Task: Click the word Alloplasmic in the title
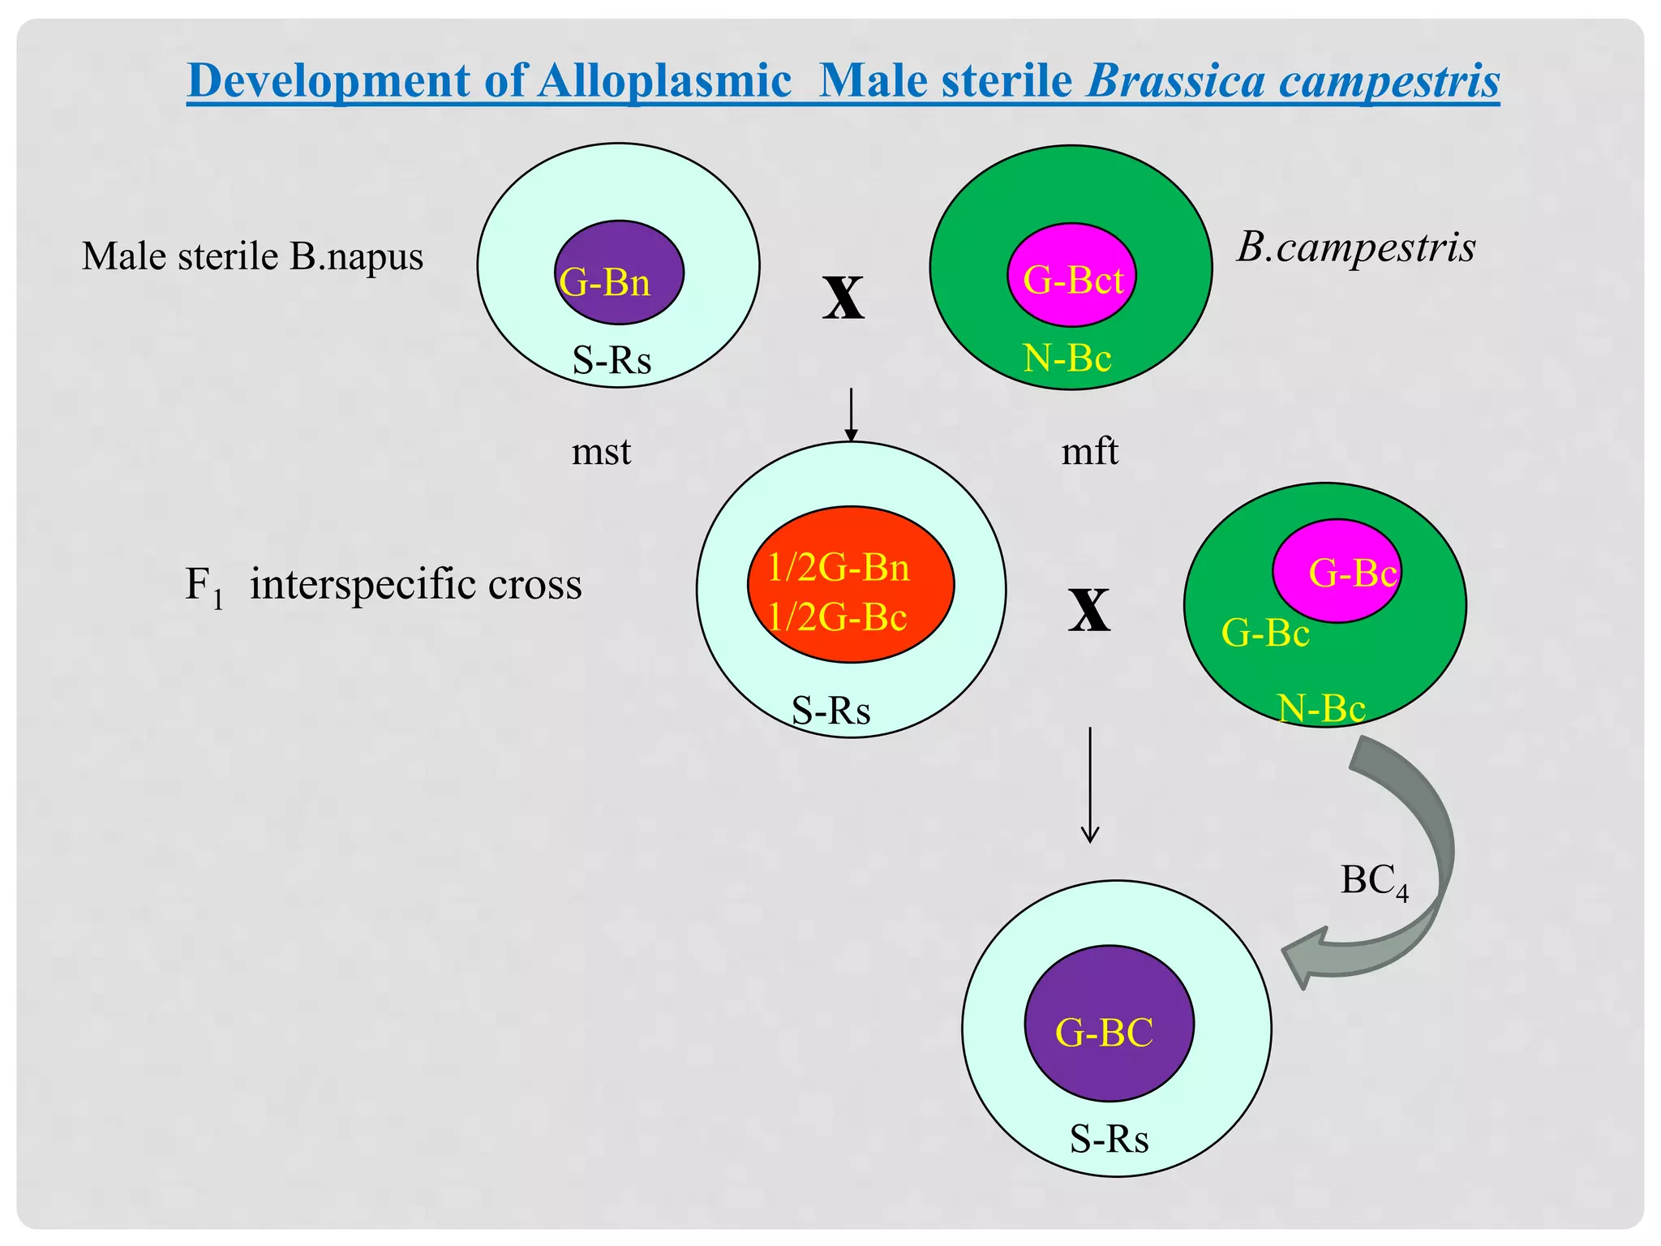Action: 664,81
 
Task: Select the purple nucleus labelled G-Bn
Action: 619,273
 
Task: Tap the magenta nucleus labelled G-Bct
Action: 1071,275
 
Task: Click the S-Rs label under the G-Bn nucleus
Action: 612,359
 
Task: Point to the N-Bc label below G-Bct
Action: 1067,358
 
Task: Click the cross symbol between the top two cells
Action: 843,298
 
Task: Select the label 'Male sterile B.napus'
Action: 252,256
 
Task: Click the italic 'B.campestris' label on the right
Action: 1355,247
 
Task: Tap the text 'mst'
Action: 601,451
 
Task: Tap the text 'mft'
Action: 1089,451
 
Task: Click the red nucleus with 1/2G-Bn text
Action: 850,584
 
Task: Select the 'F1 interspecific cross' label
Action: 383,585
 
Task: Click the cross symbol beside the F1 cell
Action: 1088,609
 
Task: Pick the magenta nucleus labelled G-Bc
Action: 1337,570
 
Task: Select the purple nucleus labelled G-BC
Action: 1109,1023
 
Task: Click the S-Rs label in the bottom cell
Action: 1109,1139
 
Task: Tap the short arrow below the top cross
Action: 851,415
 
